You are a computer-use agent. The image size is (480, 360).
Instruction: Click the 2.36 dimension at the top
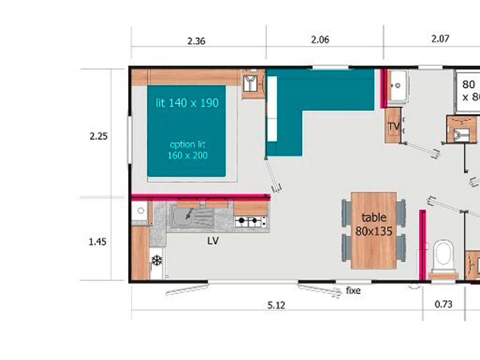[x=196, y=41]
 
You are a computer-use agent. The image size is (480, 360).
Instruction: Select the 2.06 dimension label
[x=320, y=39]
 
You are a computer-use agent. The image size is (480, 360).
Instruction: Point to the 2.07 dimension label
[x=440, y=38]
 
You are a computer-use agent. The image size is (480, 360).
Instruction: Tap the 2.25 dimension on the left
[x=98, y=136]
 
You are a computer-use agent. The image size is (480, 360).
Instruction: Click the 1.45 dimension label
[x=97, y=242]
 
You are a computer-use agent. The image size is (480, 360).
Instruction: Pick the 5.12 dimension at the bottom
[x=276, y=305]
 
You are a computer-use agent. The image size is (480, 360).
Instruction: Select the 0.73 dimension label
[x=443, y=304]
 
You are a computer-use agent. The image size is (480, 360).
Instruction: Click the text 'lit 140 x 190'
[x=187, y=103]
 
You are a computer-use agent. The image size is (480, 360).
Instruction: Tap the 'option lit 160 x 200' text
[x=187, y=149]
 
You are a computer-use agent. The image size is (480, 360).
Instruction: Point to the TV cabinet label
[x=393, y=126]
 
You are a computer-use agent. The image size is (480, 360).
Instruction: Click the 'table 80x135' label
[x=374, y=224]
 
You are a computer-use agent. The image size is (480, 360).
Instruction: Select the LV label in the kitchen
[x=213, y=241]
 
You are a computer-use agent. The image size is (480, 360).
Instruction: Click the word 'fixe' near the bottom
[x=353, y=290]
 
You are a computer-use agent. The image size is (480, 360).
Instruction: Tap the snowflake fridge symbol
[x=156, y=260]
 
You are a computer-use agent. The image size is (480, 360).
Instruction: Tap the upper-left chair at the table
[x=346, y=213]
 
